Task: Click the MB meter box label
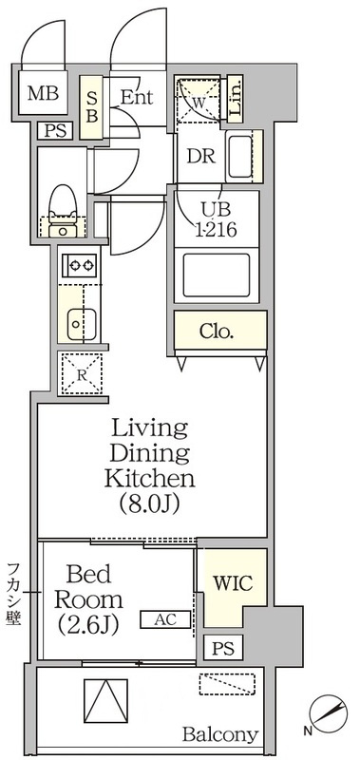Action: [x=43, y=93]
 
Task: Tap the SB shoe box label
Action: [x=92, y=106]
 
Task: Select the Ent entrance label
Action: [x=136, y=98]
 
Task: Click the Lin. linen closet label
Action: [x=235, y=100]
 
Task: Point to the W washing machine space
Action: [x=199, y=99]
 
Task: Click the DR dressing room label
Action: [x=201, y=156]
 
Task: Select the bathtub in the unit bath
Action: [x=217, y=275]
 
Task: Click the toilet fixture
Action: [x=63, y=211]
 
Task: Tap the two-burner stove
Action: [x=80, y=266]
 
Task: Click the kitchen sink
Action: [x=82, y=323]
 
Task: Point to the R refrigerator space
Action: [x=81, y=373]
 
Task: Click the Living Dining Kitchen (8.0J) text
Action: [x=150, y=465]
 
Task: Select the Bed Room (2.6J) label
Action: [x=88, y=601]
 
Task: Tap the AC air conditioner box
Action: [x=165, y=619]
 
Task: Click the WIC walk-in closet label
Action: [x=233, y=583]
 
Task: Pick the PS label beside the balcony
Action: [x=223, y=648]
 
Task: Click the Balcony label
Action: [x=220, y=734]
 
